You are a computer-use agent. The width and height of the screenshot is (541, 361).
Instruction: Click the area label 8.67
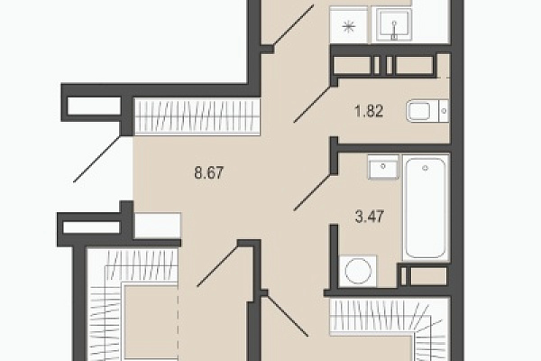click(x=209, y=172)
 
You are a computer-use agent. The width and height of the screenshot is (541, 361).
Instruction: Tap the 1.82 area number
click(x=369, y=111)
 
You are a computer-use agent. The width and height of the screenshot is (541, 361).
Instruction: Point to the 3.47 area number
click(x=370, y=217)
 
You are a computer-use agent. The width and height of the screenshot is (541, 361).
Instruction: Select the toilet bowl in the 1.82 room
click(x=420, y=111)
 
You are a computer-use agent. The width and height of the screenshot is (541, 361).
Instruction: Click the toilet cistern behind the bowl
click(x=444, y=111)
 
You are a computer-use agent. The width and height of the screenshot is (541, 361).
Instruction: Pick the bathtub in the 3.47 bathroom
click(x=426, y=208)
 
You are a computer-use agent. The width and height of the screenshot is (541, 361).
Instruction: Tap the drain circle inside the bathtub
click(x=426, y=168)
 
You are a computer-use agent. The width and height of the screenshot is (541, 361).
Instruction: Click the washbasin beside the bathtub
click(x=383, y=167)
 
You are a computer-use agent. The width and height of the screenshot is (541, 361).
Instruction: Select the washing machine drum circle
click(x=359, y=271)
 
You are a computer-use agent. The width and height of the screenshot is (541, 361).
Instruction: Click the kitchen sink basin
click(x=394, y=25)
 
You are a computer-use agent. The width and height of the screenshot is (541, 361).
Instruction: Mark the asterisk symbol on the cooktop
click(x=348, y=26)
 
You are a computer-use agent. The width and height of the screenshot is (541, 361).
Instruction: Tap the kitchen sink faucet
click(x=394, y=30)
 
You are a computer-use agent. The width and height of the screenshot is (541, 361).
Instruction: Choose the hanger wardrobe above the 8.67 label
click(x=197, y=116)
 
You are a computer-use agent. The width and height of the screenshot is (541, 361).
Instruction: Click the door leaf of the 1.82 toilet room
click(x=312, y=104)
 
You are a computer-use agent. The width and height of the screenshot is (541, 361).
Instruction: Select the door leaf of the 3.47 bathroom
click(x=313, y=191)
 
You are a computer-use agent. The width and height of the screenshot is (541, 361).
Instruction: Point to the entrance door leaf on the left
click(x=97, y=159)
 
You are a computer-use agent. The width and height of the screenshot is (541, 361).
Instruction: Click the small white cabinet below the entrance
click(x=157, y=226)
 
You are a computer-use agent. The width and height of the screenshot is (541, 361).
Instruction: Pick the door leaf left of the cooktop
click(x=293, y=24)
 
